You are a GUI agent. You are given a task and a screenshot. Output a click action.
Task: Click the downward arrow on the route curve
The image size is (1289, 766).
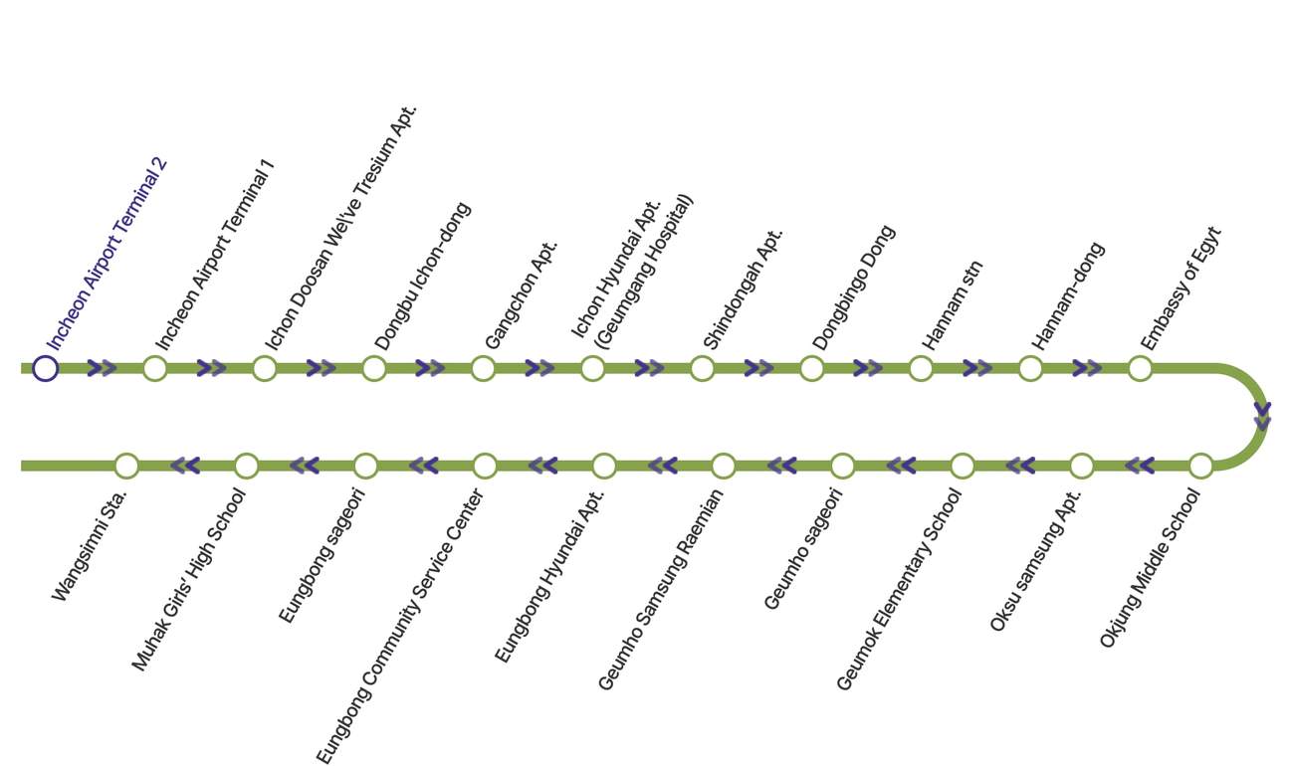click(1262, 417)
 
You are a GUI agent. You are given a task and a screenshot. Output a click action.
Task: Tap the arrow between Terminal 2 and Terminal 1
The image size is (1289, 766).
click(102, 368)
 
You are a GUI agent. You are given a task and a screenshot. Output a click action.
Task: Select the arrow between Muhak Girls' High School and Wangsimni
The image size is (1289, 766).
click(185, 466)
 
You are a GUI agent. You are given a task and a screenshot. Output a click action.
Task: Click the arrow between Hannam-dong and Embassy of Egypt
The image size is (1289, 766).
click(1087, 368)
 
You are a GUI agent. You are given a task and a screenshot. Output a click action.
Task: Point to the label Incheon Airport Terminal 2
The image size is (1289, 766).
click(107, 254)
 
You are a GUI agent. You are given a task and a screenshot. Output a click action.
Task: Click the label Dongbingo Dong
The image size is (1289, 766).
click(854, 287)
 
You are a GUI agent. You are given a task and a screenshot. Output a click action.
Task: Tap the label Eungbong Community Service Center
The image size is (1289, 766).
click(400, 627)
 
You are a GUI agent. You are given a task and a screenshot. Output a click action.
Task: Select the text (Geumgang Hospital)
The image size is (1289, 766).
click(645, 272)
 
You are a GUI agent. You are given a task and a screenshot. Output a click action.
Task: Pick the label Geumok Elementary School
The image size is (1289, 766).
click(899, 589)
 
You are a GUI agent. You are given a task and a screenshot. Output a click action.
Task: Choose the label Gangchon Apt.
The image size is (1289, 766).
click(522, 295)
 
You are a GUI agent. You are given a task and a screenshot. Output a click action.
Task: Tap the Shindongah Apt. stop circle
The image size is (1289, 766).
click(702, 368)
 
